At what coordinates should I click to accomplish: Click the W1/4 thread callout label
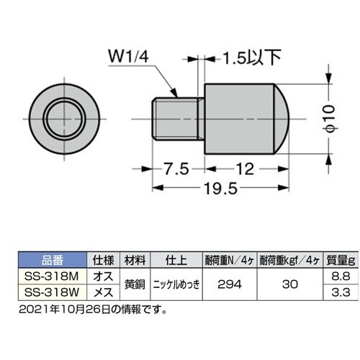tap(131, 55)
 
